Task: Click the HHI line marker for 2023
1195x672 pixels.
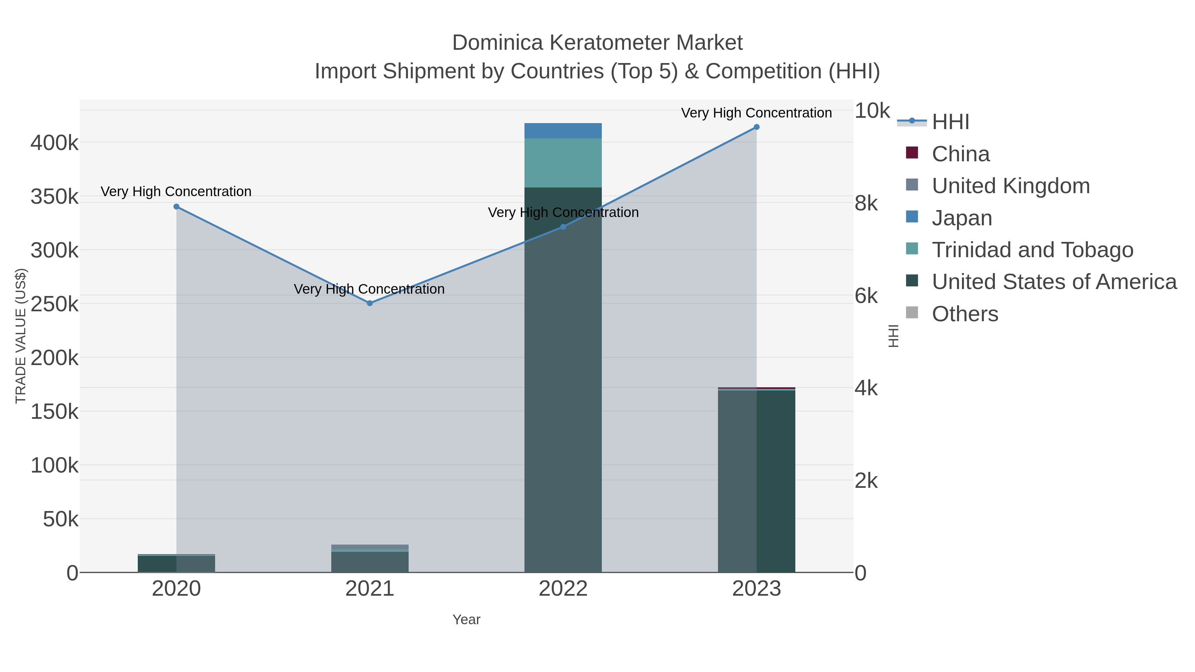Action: [x=756, y=127]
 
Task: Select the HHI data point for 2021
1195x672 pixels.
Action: [x=370, y=303]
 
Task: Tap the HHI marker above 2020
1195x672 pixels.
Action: [x=176, y=207]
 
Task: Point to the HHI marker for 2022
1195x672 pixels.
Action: [x=563, y=227]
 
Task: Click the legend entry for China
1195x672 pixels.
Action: [x=960, y=154]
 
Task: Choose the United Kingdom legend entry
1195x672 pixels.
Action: [x=1010, y=186]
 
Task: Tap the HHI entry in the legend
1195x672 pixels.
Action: [x=950, y=122]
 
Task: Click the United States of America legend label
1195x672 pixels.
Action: [x=1054, y=282]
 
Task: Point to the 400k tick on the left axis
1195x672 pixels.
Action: [x=54, y=143]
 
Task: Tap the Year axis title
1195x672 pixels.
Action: [x=466, y=620]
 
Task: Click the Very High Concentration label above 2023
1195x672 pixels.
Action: [x=756, y=113]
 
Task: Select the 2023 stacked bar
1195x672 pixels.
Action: [x=756, y=480]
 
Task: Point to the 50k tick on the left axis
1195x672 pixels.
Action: [x=60, y=519]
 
